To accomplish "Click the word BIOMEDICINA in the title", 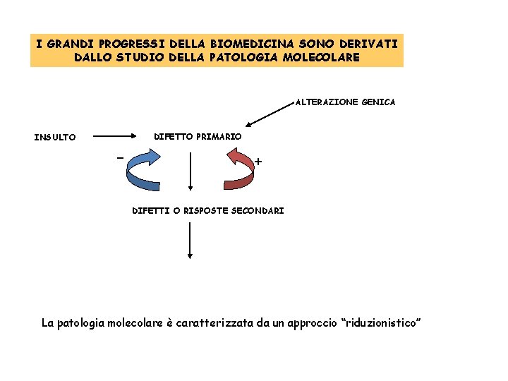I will [250, 44].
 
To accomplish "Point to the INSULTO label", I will [55, 137].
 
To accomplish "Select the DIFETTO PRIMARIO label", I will [198, 135].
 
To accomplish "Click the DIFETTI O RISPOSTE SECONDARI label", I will [208, 210].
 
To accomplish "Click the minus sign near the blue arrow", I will [120, 156].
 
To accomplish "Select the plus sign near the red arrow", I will [258, 162].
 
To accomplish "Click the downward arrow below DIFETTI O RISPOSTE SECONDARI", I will [190, 241].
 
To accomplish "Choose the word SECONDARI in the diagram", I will [258, 210].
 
